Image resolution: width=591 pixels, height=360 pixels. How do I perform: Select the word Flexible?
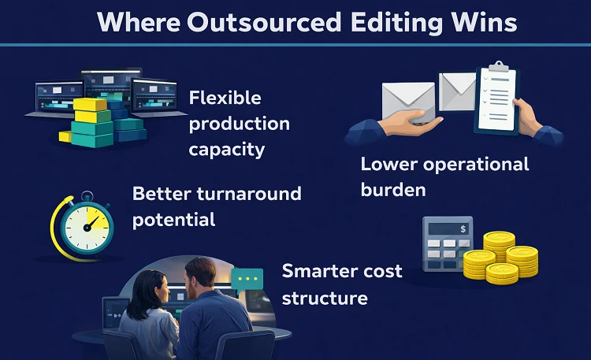(225, 98)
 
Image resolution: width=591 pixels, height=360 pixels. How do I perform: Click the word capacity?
(226, 147)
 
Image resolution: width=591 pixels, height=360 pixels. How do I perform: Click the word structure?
(324, 298)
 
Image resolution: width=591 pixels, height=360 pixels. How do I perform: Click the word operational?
(476, 165)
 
